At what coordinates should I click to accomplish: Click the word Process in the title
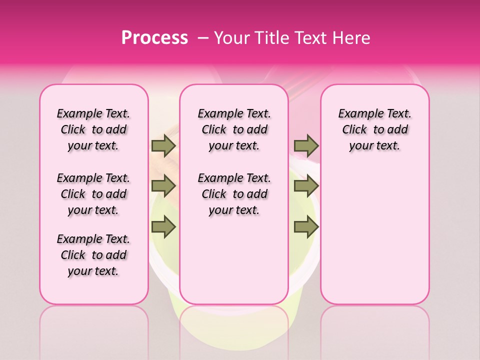tap(154, 38)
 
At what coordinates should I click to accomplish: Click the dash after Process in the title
tap(203, 38)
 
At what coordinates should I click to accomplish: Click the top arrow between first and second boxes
tap(163, 145)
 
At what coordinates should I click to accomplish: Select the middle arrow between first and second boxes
tap(163, 186)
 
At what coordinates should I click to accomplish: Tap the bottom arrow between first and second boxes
tap(163, 227)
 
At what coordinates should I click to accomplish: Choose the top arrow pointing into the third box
tap(306, 145)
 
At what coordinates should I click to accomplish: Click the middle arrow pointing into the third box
tap(306, 186)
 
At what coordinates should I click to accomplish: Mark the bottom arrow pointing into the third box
tap(306, 227)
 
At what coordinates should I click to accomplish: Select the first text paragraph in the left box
tap(93, 129)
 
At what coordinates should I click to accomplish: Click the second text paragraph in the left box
tap(93, 194)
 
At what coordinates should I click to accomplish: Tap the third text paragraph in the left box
tap(93, 255)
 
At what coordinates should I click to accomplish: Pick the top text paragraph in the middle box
tap(234, 129)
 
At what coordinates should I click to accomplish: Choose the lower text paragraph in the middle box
tap(234, 194)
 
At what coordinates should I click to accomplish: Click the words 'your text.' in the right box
tap(374, 146)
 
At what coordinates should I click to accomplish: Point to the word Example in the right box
tap(357, 113)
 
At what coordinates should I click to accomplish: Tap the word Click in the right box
tap(354, 130)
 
